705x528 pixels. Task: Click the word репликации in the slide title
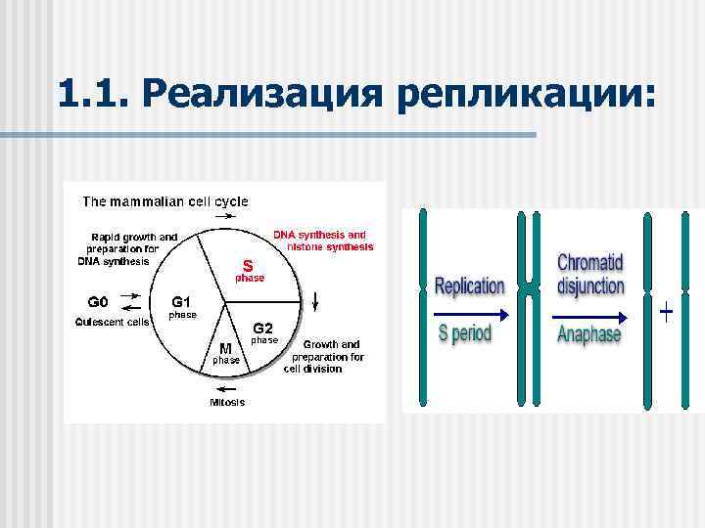point(526,95)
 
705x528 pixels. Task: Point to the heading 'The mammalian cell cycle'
point(165,201)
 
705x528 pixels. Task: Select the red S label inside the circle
point(248,264)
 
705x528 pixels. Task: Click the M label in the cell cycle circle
point(225,348)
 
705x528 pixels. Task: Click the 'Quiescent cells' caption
point(113,322)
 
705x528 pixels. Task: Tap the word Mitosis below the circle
point(227,402)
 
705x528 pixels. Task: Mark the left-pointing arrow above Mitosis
point(226,385)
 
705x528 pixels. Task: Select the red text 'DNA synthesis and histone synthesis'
point(322,241)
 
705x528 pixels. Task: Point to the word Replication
point(469,286)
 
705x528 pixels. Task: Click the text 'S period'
point(465,333)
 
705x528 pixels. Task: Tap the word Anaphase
point(589,334)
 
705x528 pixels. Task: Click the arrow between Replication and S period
point(470,314)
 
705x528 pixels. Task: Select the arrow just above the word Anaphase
point(590,317)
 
